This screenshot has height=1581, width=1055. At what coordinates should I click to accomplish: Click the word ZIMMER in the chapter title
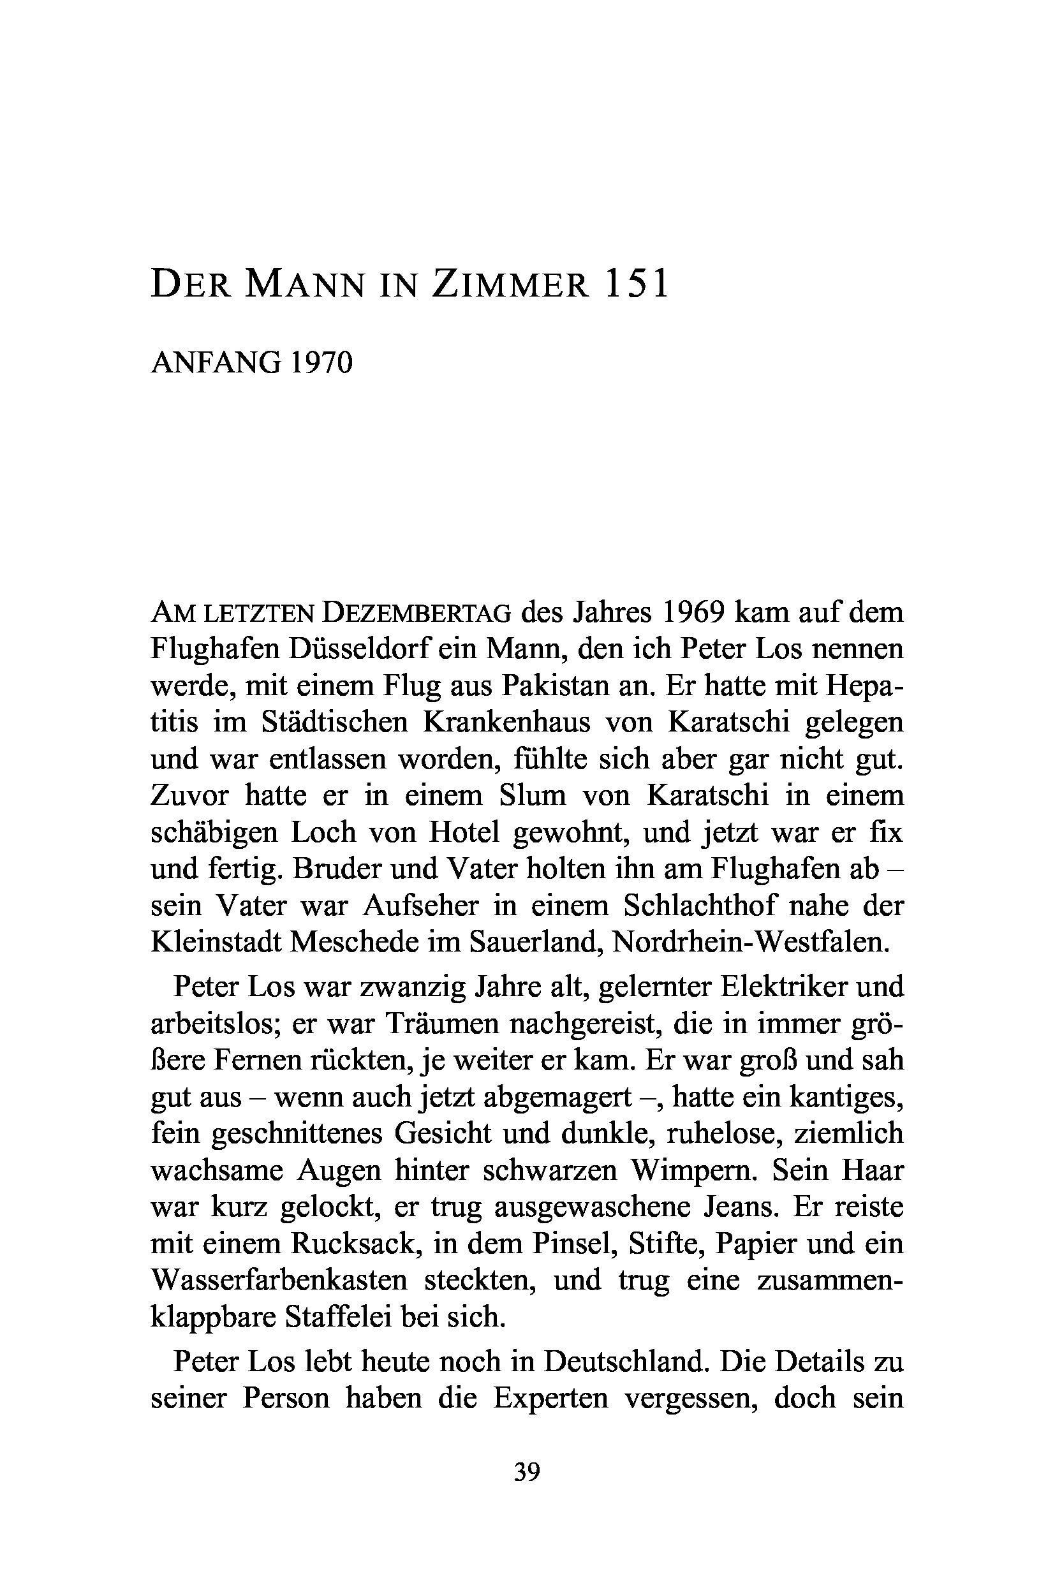[510, 284]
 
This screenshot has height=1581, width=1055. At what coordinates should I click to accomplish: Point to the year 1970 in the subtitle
[321, 364]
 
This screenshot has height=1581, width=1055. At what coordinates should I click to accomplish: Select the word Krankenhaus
[506, 722]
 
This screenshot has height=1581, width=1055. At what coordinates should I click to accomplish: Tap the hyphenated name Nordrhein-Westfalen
[751, 942]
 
